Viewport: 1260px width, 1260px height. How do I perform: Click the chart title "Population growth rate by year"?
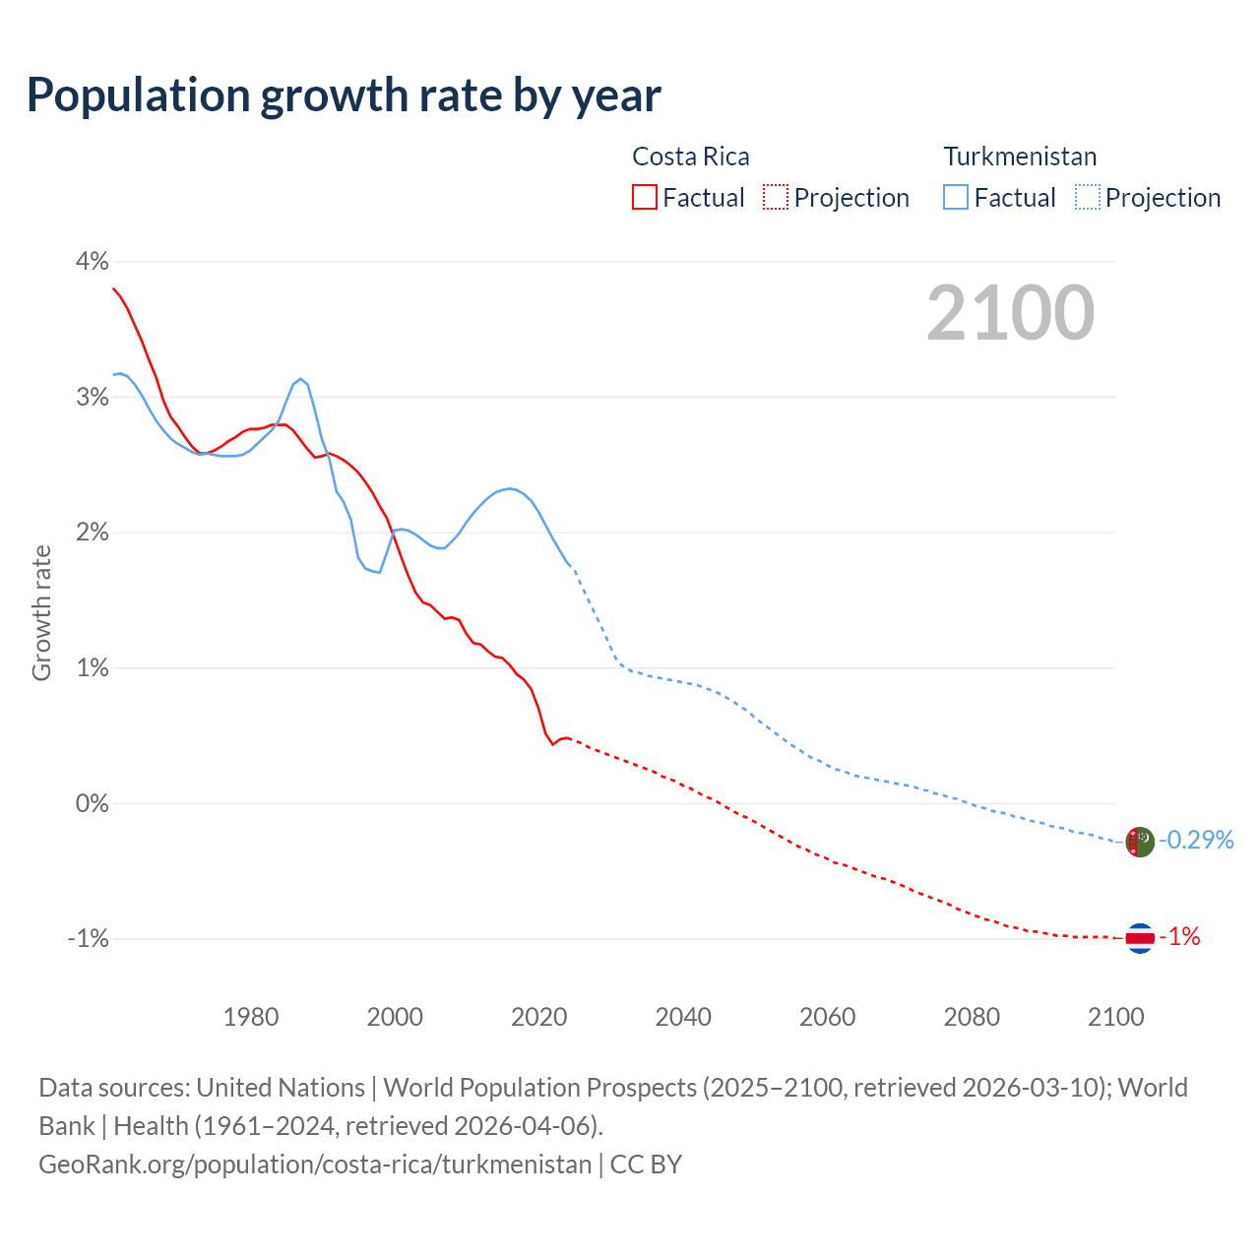[344, 95]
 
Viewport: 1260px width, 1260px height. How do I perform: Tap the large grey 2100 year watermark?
[1010, 313]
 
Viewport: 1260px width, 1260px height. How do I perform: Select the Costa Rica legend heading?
[690, 157]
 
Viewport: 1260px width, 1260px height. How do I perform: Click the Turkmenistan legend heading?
[1020, 157]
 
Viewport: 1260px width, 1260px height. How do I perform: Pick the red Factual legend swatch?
[645, 198]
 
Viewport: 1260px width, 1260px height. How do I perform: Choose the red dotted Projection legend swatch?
[776, 198]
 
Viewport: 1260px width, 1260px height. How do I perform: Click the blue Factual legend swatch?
[956, 198]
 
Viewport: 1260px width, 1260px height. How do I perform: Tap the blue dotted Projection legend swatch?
[1087, 198]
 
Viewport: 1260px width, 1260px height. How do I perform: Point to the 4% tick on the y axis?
[92, 261]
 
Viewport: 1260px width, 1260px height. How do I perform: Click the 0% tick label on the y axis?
[92, 803]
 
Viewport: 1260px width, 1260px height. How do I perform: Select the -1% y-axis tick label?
[88, 938]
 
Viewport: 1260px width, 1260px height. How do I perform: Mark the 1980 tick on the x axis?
[251, 1017]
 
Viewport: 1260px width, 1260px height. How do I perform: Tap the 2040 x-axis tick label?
[683, 1017]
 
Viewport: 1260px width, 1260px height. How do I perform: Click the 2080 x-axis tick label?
[972, 1017]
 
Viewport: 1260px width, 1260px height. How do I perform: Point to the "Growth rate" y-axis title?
[41, 612]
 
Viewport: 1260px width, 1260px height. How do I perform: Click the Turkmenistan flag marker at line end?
[1140, 843]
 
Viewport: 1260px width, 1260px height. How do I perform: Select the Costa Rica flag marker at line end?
[1140, 938]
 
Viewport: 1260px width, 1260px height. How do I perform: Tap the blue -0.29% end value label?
[1196, 840]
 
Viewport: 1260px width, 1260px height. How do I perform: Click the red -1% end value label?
[1180, 937]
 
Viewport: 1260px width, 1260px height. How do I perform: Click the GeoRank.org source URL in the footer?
[315, 1164]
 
